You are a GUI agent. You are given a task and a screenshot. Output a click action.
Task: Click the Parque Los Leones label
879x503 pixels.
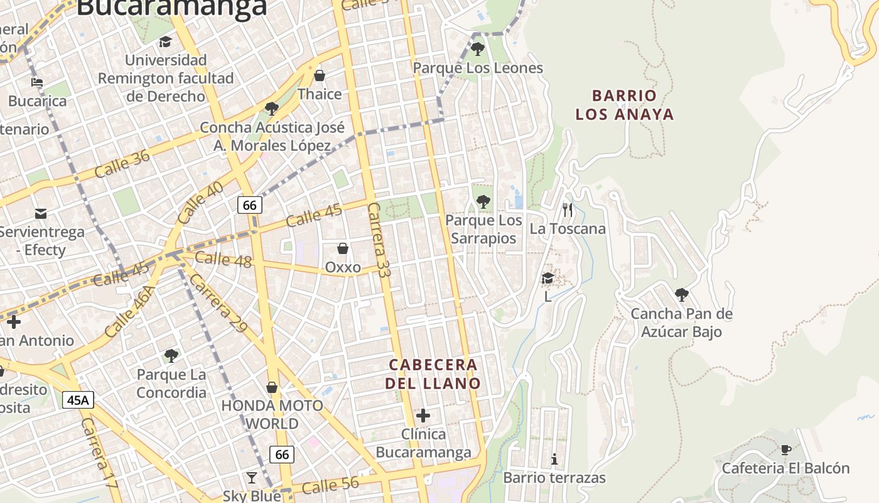pos(478,68)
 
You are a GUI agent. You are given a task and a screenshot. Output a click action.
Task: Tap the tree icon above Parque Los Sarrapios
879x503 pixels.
pos(483,202)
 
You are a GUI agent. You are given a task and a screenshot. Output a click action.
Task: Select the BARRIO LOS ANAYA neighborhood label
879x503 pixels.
pos(625,105)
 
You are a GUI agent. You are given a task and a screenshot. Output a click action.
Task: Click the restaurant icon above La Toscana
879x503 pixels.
pos(568,210)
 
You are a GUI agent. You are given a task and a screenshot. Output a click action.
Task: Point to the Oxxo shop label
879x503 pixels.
pos(343,267)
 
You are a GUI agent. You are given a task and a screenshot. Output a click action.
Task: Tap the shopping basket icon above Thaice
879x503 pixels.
pos(320,76)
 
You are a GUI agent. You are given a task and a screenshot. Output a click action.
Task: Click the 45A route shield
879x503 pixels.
pos(78,399)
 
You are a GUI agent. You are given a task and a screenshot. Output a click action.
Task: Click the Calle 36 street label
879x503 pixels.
pos(122,163)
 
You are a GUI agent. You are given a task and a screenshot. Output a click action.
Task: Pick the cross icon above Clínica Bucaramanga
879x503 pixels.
pos(423,416)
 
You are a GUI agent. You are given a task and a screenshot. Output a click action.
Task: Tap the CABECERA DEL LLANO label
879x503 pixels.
pos(433,374)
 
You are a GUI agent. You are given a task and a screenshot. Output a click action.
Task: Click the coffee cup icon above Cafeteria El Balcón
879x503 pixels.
pos(785,450)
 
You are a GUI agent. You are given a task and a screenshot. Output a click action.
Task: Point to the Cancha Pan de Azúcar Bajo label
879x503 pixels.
pos(681,323)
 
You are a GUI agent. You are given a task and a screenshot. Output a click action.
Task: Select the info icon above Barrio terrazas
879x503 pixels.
pos(554,460)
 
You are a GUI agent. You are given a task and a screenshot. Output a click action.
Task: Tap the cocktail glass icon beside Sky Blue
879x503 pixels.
pos(252,478)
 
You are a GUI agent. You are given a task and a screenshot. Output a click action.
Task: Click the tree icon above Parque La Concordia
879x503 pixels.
pos(171,356)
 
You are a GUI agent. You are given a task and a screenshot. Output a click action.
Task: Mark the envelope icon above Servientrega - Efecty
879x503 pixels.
pos(41,213)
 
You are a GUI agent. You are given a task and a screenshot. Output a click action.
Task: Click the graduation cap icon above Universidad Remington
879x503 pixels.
pos(165,42)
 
